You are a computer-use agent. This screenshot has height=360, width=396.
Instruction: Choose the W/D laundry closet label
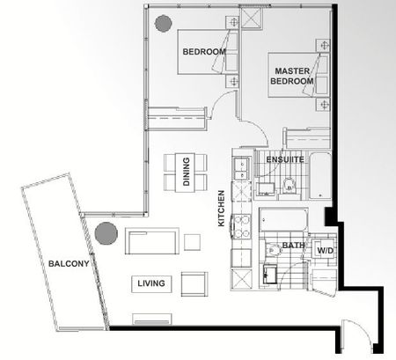click(324, 251)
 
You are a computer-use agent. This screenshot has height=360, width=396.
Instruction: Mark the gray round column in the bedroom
click(163, 24)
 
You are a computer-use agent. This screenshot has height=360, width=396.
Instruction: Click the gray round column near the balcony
click(106, 233)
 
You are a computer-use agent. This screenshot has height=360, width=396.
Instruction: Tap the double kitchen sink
click(239, 167)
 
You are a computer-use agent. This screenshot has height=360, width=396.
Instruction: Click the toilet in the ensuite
click(289, 186)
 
